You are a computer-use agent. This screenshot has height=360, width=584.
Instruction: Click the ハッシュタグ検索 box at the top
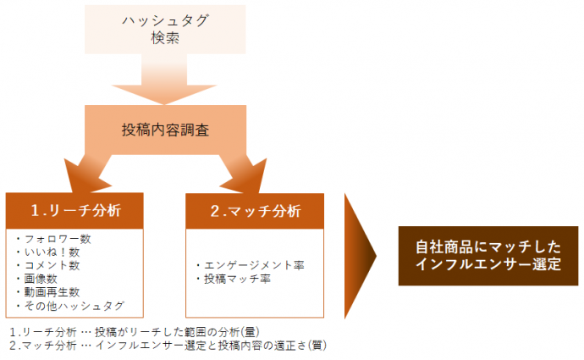tap(165, 29)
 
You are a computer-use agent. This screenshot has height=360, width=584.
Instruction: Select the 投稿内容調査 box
tap(165, 130)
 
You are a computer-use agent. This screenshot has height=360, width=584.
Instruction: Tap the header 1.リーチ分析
tap(74, 211)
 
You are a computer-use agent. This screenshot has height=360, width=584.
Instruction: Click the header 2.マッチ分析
tap(255, 211)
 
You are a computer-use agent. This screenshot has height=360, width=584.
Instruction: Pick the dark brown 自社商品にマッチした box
tap(488, 256)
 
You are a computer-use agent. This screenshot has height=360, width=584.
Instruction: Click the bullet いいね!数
tap(48, 252)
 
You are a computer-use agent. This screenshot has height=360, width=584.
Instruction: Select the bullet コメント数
tap(48, 265)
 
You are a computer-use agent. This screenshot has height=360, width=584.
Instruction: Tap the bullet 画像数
tap(37, 279)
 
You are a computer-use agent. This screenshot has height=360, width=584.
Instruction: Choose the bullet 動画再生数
tap(48, 292)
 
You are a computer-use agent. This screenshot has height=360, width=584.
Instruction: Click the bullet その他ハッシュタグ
tap(70, 306)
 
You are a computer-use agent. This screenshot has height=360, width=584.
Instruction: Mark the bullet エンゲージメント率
tap(251, 265)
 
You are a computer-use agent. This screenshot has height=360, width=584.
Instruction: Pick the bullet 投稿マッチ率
tap(234, 279)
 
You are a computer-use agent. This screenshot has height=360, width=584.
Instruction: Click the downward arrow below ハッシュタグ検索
tap(164, 80)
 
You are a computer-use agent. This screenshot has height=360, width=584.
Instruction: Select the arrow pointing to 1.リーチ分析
tap(90, 174)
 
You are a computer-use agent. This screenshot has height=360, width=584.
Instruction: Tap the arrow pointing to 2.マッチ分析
tap(242, 174)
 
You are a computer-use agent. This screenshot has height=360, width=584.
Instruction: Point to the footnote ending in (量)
tap(135, 332)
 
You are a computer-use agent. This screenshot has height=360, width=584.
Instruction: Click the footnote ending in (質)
tap(168, 346)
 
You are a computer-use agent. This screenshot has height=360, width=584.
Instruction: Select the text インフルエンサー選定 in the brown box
tap(488, 264)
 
